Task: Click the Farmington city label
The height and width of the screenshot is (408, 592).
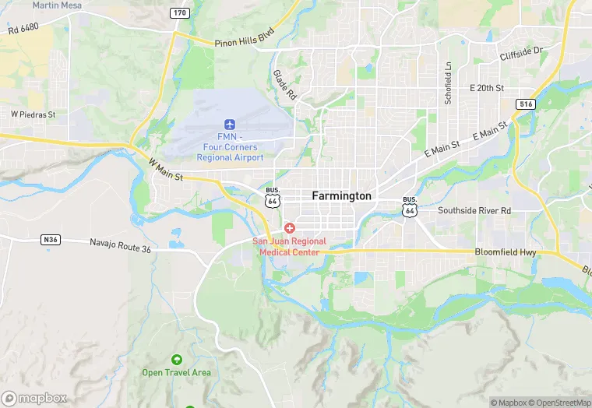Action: pyautogui.click(x=341, y=196)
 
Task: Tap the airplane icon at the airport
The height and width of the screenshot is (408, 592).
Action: pyautogui.click(x=230, y=125)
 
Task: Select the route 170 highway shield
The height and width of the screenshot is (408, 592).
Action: pyautogui.click(x=180, y=12)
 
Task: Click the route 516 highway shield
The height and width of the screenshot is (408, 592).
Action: pyautogui.click(x=526, y=104)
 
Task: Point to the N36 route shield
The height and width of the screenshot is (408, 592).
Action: pyautogui.click(x=51, y=240)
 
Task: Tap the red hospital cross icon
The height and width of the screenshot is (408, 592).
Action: pyautogui.click(x=289, y=227)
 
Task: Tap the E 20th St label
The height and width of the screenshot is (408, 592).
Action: pyautogui.click(x=487, y=88)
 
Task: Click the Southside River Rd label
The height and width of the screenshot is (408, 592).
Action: pyautogui.click(x=474, y=210)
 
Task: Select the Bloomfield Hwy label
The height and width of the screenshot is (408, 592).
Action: pyautogui.click(x=507, y=252)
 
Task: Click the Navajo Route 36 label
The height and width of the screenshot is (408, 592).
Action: pyautogui.click(x=120, y=248)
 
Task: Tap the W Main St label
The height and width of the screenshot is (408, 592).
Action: pyautogui.click(x=165, y=171)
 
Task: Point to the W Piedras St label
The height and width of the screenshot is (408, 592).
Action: pyautogui.click(x=33, y=114)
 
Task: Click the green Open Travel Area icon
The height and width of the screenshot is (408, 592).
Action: pyautogui.click(x=176, y=359)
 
